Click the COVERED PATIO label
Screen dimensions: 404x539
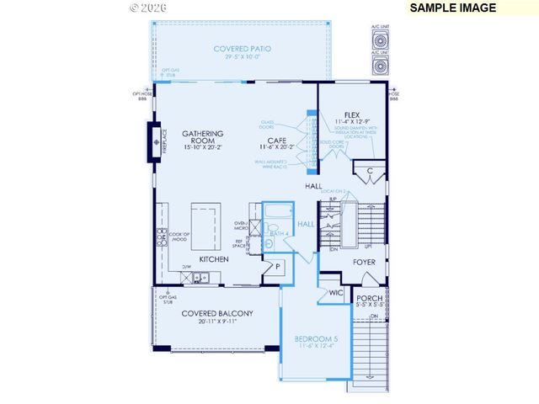tap(242, 50)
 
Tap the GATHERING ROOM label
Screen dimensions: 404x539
tap(202, 138)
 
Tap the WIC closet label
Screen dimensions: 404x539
tap(336, 293)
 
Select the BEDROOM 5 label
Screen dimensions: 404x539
tap(316, 340)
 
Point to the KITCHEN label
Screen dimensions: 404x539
tap(214, 260)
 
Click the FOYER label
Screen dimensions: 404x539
tap(364, 263)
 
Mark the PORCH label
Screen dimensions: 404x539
tap(370, 298)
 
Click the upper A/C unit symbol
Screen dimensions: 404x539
tap(380, 40)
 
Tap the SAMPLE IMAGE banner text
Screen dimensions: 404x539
tap(453, 8)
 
